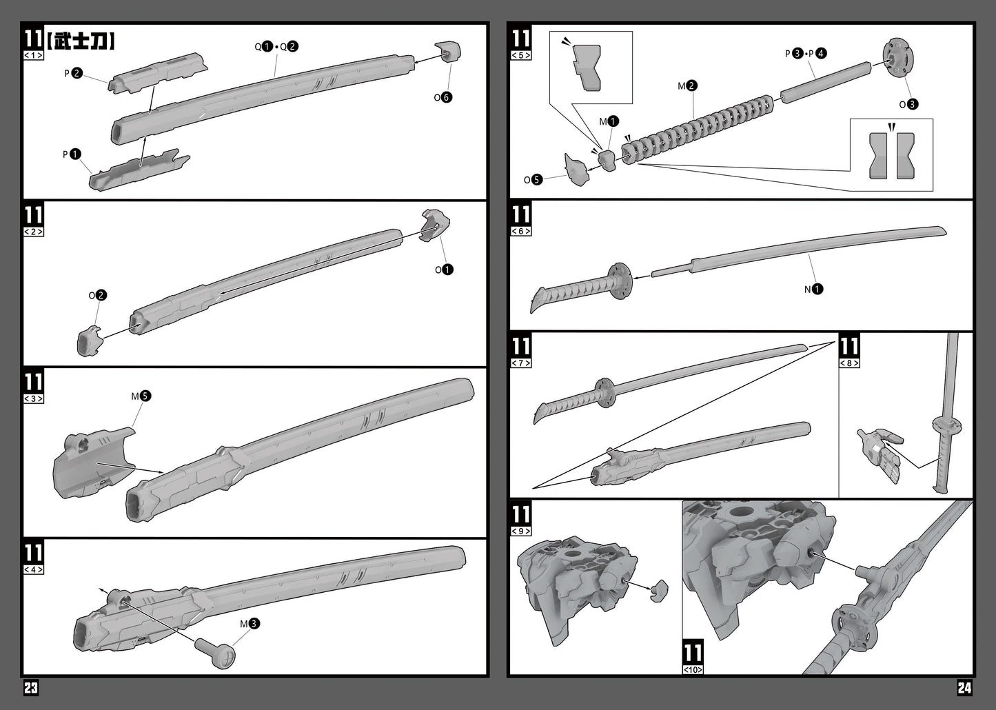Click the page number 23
pyautogui.click(x=30, y=687)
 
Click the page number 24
pyautogui.click(x=964, y=687)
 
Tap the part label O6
pyautogui.click(x=443, y=97)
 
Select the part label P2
pyautogui.click(x=73, y=72)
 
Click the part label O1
pyautogui.click(x=444, y=270)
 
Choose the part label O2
pyautogui.click(x=98, y=295)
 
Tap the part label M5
pyautogui.click(x=141, y=396)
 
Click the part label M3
pyautogui.click(x=250, y=623)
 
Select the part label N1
pyautogui.click(x=813, y=289)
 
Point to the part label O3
pyautogui.click(x=908, y=104)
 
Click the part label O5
pyautogui.click(x=533, y=180)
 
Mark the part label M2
pyautogui.click(x=687, y=85)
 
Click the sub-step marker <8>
pyautogui.click(x=849, y=363)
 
